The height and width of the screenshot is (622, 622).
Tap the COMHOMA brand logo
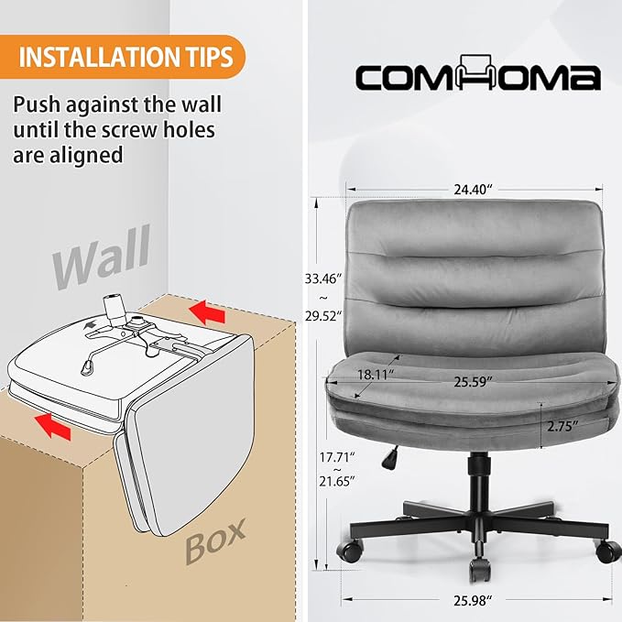477,73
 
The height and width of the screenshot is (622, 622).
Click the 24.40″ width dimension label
473,190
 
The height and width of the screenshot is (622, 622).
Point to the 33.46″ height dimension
322,278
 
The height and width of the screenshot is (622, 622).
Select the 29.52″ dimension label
322,316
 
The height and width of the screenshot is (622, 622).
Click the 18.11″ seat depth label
376,375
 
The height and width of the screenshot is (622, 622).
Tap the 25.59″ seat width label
473,382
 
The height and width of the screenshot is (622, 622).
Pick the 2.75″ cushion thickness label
562,426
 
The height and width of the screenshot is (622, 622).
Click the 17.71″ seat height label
337,457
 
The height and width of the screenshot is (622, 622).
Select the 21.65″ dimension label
337,481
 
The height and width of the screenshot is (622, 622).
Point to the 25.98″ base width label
473,601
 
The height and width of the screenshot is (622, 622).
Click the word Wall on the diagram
102,257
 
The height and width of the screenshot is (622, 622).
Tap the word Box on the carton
215,541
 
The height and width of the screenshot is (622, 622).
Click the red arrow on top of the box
207,312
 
